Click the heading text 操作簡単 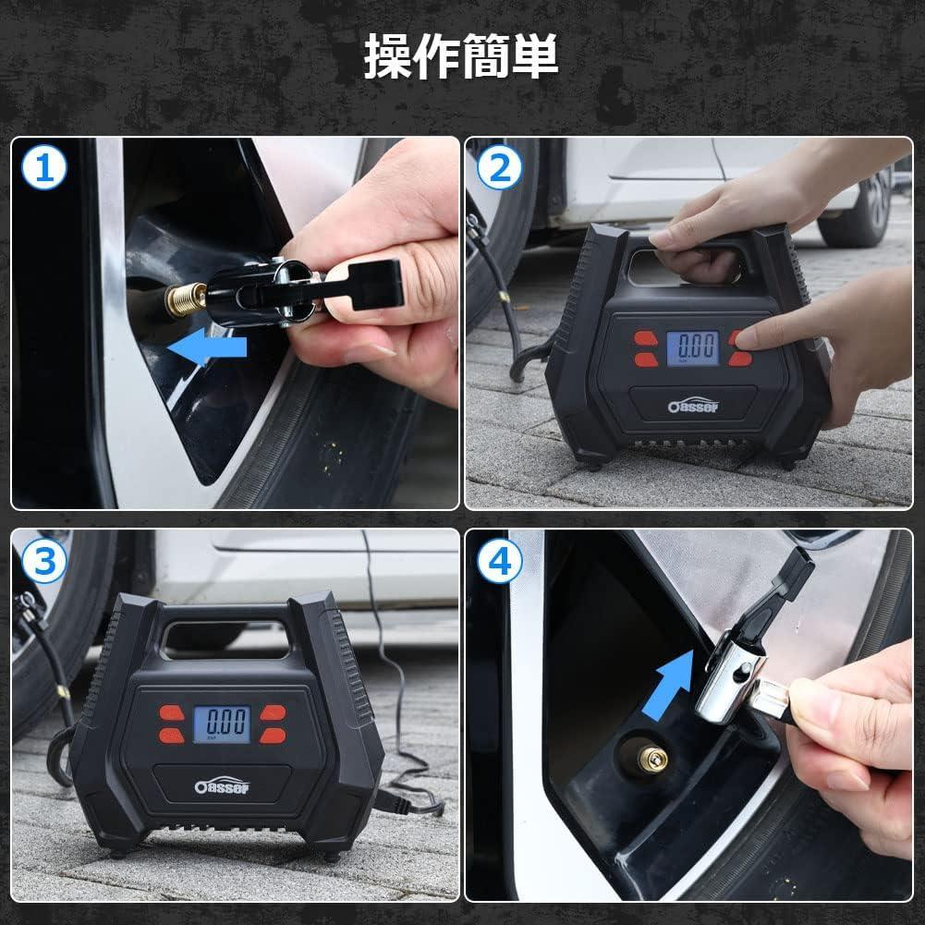coord(461,57)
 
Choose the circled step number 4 coord(500,561)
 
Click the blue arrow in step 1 coord(211,348)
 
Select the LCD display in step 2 coord(692,349)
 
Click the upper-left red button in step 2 coord(644,338)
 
